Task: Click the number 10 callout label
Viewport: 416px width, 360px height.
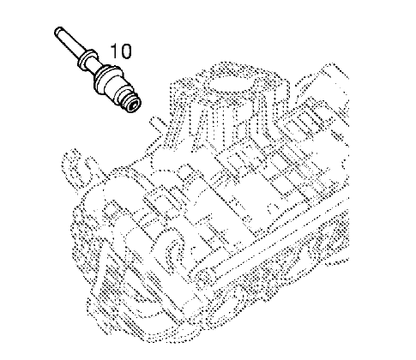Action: tap(121, 51)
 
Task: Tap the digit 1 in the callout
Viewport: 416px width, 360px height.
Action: tap(114, 51)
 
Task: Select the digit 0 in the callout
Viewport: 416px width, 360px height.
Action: tap(126, 51)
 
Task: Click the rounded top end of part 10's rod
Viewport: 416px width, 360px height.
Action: tap(57, 31)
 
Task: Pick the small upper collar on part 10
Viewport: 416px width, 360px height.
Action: tap(87, 57)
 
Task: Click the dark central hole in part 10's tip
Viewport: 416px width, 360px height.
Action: tap(133, 105)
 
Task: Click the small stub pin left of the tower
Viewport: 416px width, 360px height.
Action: tap(156, 122)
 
